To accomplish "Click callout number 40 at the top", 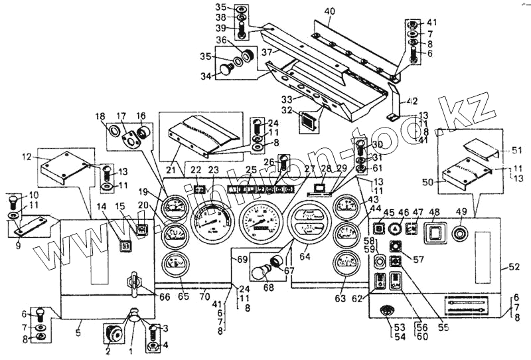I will click(x=330, y=11).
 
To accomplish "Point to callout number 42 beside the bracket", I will click(x=412, y=101).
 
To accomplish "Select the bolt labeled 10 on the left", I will click(x=13, y=200).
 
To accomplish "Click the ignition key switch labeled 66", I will click(x=135, y=282).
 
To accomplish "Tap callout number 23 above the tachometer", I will click(x=213, y=171).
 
